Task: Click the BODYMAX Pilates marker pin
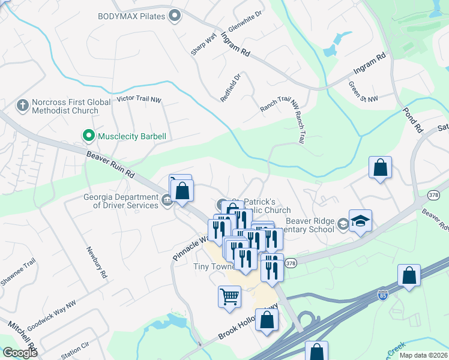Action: [x=175, y=16]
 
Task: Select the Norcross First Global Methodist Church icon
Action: [x=23, y=106]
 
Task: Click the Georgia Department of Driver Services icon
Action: [x=167, y=205]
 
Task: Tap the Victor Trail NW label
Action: [x=139, y=98]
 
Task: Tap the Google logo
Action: [x=20, y=353]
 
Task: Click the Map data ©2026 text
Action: [x=423, y=355]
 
